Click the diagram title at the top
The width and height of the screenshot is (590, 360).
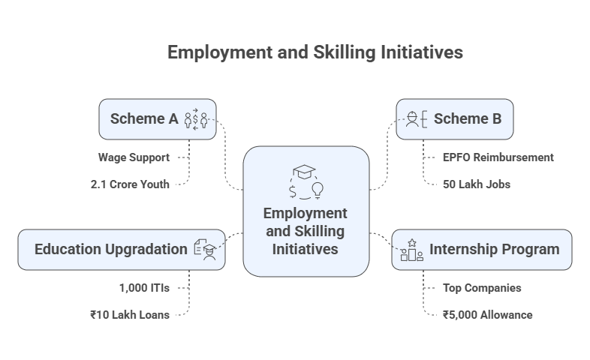315,52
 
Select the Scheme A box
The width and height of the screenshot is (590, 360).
157,119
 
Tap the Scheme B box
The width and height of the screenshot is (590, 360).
455,119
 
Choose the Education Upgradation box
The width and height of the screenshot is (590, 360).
121,249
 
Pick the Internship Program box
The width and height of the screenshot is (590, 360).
481,249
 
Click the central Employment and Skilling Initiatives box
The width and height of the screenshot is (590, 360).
306,211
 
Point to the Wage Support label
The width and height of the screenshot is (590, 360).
134,157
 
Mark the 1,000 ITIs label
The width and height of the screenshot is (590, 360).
144,288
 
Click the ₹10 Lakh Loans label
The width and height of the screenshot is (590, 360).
129,314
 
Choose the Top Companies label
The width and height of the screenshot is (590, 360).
481,288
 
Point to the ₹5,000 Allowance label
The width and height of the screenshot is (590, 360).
487,314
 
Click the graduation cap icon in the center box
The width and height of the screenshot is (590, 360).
306,171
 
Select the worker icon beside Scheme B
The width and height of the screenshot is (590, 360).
415,119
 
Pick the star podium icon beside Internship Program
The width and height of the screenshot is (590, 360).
411,250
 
